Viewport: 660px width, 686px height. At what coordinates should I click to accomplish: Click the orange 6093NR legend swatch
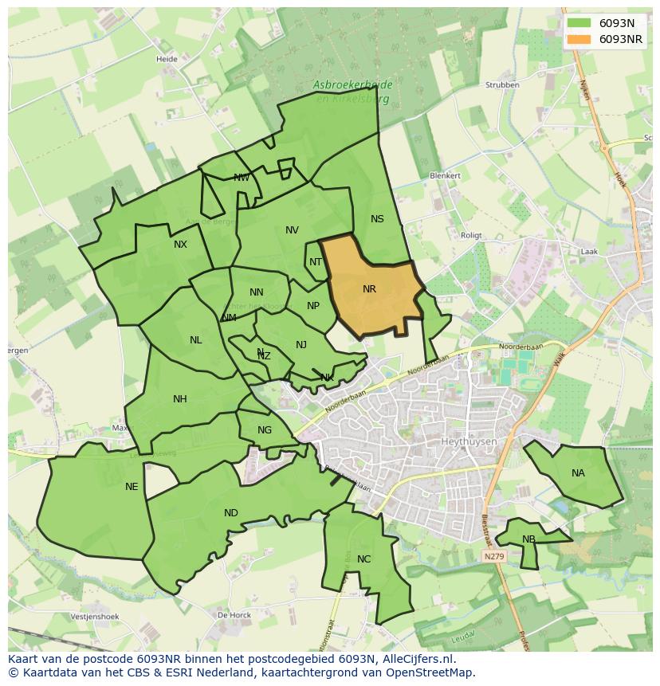[x=579, y=39]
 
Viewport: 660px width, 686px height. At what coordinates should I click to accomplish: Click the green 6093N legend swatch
[x=579, y=23]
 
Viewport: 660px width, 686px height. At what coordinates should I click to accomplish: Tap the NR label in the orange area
[x=369, y=289]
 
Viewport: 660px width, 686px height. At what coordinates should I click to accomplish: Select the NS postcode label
[x=377, y=219]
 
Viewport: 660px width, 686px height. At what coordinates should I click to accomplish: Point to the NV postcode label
[x=292, y=230]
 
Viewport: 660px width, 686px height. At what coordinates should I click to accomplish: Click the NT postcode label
[x=316, y=262]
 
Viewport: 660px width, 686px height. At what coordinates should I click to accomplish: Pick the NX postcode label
[x=180, y=245]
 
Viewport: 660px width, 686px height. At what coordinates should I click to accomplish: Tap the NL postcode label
[x=195, y=340]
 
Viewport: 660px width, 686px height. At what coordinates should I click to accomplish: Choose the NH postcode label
[x=180, y=399]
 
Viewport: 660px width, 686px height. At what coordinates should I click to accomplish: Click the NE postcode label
[x=132, y=487]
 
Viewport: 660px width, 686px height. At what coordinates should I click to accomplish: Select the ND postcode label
[x=230, y=513]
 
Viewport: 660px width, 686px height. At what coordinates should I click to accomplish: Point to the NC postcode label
[x=363, y=559]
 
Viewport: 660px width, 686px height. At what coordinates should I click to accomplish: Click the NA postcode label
[x=578, y=473]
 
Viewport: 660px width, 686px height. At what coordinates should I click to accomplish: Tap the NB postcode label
[x=528, y=539]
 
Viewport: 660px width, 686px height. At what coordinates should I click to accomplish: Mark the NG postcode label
[x=265, y=430]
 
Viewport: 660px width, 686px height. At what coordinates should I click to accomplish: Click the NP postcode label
[x=313, y=306]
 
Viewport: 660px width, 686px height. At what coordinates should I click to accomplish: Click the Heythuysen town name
[x=468, y=441]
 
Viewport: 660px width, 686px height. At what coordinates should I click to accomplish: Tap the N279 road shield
[x=494, y=554]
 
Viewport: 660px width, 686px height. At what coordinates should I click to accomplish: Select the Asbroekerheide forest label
[x=351, y=84]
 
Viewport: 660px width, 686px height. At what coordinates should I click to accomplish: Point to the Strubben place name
[x=502, y=85]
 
